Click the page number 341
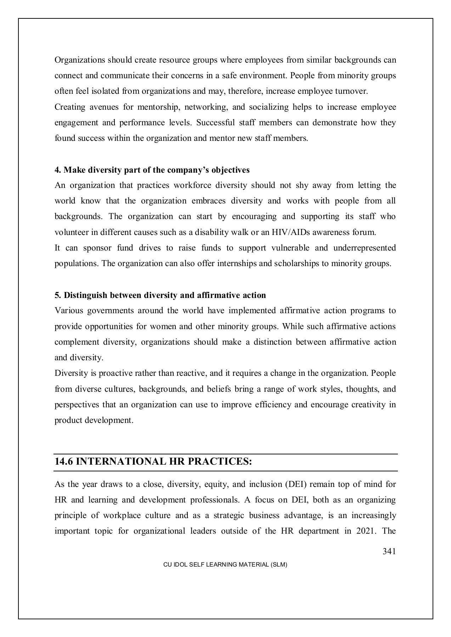point(389,551)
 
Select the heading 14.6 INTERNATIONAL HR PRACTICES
point(153,462)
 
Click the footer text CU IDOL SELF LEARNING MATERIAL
point(225,565)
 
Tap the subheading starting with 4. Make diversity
point(152,170)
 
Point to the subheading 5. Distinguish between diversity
point(160,295)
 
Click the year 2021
point(366,531)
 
